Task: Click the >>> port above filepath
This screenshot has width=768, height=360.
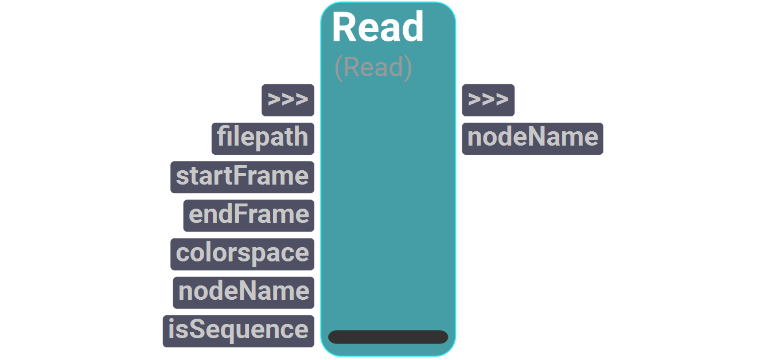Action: [288, 100]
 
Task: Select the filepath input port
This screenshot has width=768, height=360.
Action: [263, 138]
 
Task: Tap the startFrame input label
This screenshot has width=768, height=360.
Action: [242, 177]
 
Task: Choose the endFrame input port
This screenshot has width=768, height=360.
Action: [249, 215]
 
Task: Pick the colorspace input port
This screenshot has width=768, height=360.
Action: [242, 253]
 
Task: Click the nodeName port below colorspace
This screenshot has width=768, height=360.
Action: [244, 292]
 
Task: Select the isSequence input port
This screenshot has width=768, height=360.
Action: [238, 330]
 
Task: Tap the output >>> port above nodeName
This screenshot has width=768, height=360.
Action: [488, 100]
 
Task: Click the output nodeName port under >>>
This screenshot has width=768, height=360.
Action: [532, 138]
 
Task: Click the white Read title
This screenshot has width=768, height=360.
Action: [377, 28]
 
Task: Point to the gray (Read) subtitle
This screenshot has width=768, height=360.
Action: [373, 68]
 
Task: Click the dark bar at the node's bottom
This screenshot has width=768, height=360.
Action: [388, 337]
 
